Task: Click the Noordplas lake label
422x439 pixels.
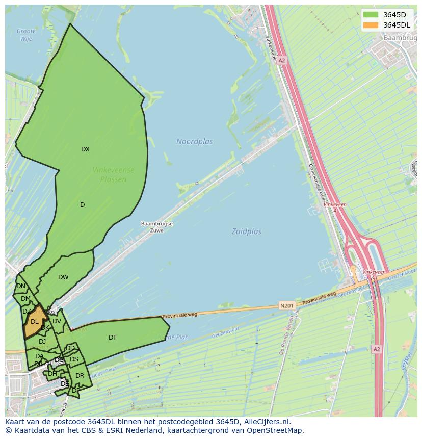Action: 194,141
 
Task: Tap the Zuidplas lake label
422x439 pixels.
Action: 246,231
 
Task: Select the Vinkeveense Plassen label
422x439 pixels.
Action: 113,174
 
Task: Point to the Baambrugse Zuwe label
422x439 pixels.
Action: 156,227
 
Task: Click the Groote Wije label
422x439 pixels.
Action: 26,35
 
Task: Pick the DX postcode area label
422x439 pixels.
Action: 85,149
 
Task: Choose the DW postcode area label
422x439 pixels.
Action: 63,277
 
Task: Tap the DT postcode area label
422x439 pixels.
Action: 113,338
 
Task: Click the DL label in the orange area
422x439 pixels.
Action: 34,322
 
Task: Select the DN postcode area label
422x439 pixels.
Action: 20,286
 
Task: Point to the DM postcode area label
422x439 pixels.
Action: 25,299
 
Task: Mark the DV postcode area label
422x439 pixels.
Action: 57,321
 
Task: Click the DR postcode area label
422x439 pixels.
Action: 80,376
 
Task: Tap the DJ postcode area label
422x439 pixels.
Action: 42,342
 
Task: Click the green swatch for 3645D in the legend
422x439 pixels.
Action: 371,15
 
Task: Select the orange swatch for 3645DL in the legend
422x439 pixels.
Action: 371,25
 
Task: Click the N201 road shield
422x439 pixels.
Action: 286,306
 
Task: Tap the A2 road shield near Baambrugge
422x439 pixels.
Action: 282,60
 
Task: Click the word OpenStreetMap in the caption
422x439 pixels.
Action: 274,430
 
